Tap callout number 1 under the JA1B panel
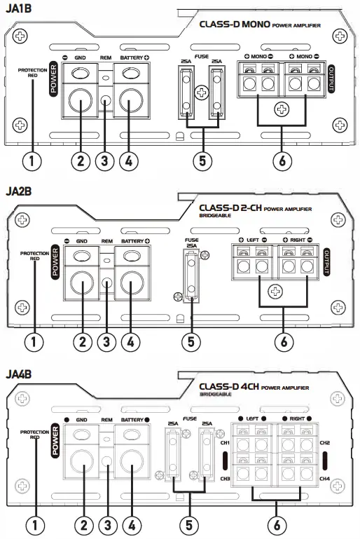32,161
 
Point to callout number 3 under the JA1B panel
105,161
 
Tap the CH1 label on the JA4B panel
226,443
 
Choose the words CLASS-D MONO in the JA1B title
235,25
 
